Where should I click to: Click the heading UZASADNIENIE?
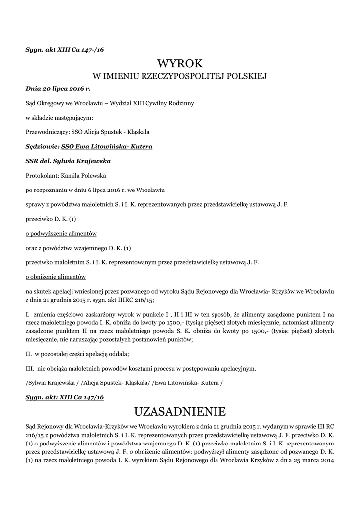point(180,411)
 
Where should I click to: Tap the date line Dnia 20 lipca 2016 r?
point(58,89)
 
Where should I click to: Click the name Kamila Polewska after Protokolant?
point(82,175)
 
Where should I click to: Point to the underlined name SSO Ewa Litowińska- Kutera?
point(107,147)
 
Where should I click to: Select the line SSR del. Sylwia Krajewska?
point(68,161)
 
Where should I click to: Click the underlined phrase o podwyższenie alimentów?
point(61,233)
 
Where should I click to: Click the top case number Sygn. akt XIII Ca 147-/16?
point(65,50)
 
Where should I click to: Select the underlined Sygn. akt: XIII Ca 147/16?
point(65,398)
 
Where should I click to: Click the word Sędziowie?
point(42,147)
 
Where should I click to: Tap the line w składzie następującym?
point(59,118)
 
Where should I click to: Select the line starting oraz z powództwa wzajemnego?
point(78,248)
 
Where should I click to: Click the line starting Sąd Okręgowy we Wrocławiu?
point(110,104)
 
